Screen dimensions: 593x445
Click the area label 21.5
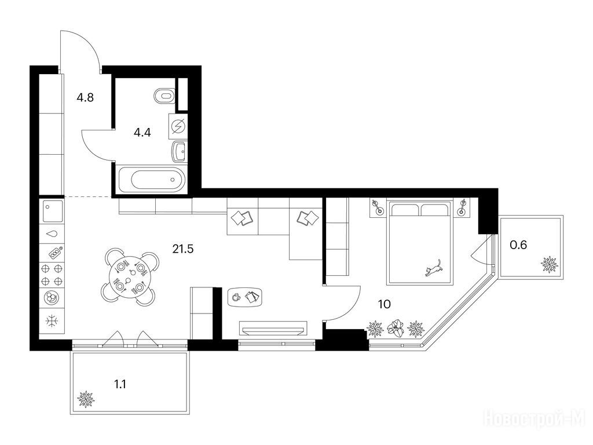(x=183, y=249)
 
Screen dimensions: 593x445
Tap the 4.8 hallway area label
(x=85, y=97)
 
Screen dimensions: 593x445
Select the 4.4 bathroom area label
(x=142, y=133)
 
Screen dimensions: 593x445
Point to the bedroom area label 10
(x=385, y=304)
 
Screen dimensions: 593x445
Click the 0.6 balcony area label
(x=518, y=245)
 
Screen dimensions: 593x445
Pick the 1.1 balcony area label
(x=120, y=385)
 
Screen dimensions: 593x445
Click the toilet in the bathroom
(x=165, y=96)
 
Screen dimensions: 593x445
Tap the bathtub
(x=152, y=180)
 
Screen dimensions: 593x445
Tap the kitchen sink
(x=52, y=211)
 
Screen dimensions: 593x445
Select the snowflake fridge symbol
(x=52, y=321)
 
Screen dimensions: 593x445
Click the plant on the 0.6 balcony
(x=550, y=264)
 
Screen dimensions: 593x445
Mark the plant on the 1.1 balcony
(x=86, y=399)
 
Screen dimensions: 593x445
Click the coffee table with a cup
(x=245, y=297)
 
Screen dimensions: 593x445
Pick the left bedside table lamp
(x=378, y=207)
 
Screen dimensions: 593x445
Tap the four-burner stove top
(x=52, y=275)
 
